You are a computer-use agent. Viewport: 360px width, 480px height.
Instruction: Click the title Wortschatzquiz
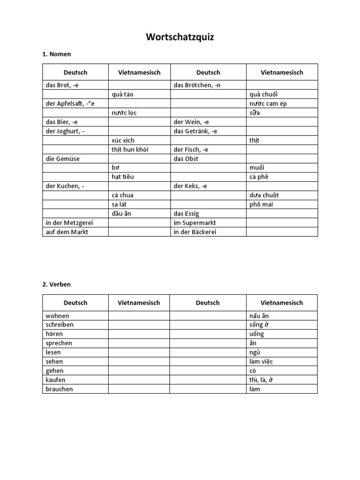(180, 37)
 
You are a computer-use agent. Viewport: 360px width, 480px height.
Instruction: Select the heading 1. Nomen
(57, 54)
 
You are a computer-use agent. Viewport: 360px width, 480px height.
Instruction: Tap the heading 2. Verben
(57, 284)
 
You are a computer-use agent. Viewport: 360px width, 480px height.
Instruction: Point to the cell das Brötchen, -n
(194, 85)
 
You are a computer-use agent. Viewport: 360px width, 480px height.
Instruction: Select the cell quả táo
(123, 94)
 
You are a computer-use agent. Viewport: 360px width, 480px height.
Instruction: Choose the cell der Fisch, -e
(191, 150)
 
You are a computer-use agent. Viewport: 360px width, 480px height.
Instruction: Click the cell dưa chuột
(265, 195)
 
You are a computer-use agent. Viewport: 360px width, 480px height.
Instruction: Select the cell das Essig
(187, 214)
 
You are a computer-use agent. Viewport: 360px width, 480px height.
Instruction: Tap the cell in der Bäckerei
(195, 232)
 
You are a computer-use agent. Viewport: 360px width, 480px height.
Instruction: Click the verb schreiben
(60, 324)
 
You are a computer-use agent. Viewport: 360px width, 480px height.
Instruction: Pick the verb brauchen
(60, 389)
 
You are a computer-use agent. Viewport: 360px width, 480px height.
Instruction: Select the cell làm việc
(262, 361)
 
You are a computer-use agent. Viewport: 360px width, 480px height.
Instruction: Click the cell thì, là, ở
(261, 380)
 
